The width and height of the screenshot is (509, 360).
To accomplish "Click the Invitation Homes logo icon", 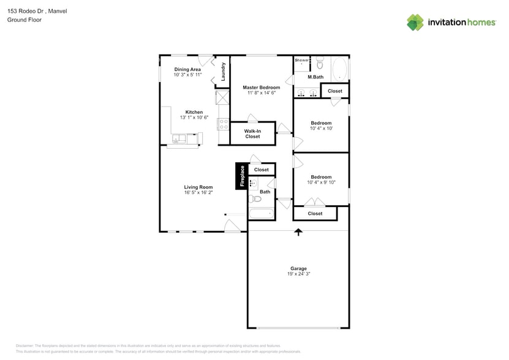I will click(415, 22).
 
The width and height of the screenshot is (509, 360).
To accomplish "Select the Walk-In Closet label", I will click(252, 133).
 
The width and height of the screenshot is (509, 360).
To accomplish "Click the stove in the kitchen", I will click(222, 124).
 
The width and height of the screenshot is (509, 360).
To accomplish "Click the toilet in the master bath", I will click(319, 64).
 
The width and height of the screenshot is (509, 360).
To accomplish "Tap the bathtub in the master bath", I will click(339, 68).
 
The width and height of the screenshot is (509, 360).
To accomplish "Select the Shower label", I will click(301, 60).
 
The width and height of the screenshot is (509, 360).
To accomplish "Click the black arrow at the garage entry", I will click(298, 232).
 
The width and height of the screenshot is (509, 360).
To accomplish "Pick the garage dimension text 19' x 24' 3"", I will click(298, 274).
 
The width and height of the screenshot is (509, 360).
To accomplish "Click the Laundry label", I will click(224, 72).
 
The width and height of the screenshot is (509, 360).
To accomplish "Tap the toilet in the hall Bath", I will click(256, 199).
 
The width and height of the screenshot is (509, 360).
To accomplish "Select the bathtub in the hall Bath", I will click(262, 214).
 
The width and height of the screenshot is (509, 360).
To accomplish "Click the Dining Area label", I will click(187, 69).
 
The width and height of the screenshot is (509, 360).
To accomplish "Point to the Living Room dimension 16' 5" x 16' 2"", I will click(198, 193).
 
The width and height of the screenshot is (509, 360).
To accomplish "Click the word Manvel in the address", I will click(56, 11).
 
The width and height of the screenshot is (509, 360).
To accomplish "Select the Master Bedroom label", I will click(261, 88).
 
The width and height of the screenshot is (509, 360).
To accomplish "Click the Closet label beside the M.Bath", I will click(335, 91).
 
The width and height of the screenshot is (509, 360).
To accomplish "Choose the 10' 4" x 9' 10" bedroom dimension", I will click(321, 182).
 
